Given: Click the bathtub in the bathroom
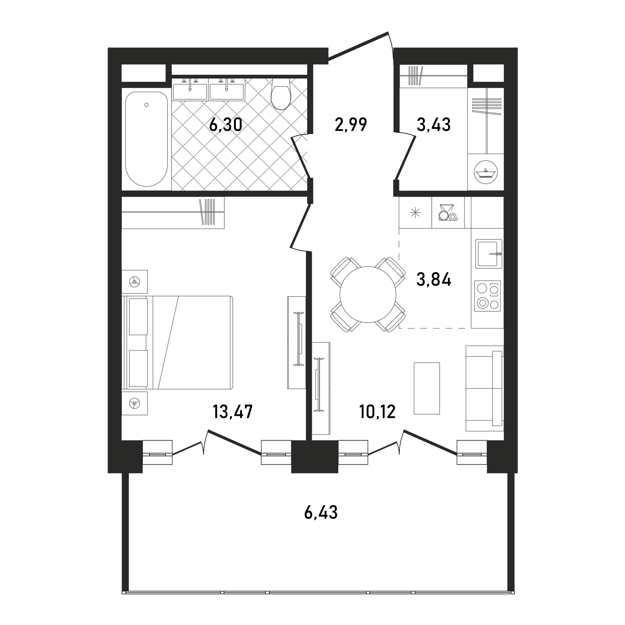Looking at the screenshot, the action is pyautogui.click(x=147, y=139).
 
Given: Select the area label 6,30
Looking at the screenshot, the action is pyautogui.click(x=226, y=125).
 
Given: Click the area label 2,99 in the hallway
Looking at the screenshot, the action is pyautogui.click(x=351, y=125).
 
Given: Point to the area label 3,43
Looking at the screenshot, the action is pyautogui.click(x=433, y=125).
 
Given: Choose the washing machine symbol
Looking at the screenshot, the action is pyautogui.click(x=486, y=172).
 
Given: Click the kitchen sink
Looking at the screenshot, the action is pyautogui.click(x=488, y=254).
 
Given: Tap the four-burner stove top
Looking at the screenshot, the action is pyautogui.click(x=487, y=296).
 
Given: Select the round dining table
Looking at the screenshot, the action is pyautogui.click(x=368, y=294).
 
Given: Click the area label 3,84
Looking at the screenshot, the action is pyautogui.click(x=433, y=279).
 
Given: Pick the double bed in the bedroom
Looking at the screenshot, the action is pyautogui.click(x=177, y=342).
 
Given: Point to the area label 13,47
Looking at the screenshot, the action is pyautogui.click(x=232, y=412).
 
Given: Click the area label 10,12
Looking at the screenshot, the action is pyautogui.click(x=377, y=412).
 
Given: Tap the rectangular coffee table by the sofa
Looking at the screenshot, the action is pyautogui.click(x=427, y=388).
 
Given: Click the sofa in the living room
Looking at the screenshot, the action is pyautogui.click(x=485, y=388).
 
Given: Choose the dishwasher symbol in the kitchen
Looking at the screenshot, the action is pyautogui.click(x=448, y=212).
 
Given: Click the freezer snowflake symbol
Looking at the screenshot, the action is pyautogui.click(x=415, y=212).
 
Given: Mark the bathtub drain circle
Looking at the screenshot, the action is pyautogui.click(x=147, y=105).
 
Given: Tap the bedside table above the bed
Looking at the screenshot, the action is pyautogui.click(x=135, y=282).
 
